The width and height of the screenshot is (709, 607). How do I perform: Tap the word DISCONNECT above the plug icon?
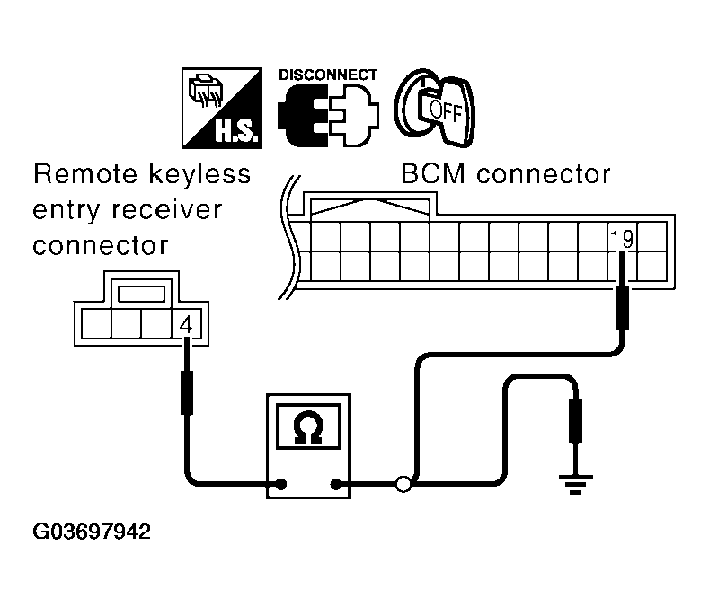coord(328,75)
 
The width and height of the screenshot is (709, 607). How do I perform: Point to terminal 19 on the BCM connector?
coord(621,239)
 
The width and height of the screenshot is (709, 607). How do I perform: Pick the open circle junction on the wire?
coord(403,485)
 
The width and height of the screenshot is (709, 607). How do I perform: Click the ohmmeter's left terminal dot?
coord(280,485)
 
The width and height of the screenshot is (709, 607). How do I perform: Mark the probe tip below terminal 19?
coord(622,305)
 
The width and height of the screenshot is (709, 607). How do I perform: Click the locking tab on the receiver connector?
coord(141,293)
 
